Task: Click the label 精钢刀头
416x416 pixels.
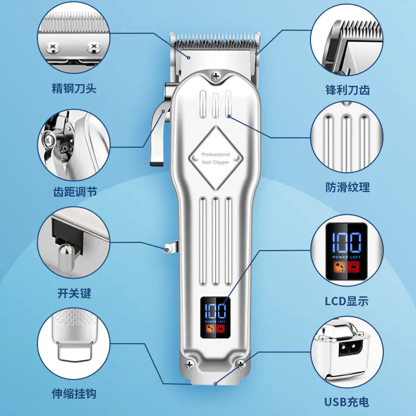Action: (74, 88)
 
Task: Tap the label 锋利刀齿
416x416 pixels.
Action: (347, 89)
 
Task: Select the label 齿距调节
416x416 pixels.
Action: (74, 192)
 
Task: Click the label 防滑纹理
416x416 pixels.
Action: (347, 187)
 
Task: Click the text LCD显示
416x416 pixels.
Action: (346, 301)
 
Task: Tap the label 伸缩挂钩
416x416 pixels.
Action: (74, 394)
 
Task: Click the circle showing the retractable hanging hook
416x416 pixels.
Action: (74, 343)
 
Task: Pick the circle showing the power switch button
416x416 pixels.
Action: (74, 242)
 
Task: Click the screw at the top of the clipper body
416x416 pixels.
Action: (216, 76)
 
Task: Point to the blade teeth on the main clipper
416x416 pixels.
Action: (215, 38)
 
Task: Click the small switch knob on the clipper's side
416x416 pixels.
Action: (167, 249)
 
